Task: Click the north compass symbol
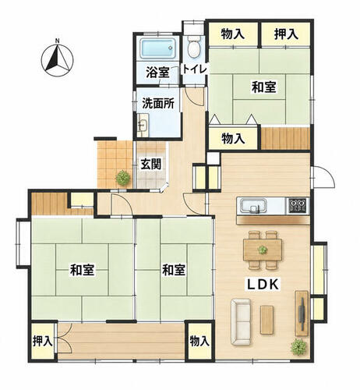click(57, 60)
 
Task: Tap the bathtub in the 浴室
click(158, 48)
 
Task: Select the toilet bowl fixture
click(194, 48)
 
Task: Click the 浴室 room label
click(157, 73)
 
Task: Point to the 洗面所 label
click(158, 104)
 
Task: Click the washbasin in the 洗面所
click(143, 126)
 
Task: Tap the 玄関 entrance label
click(151, 164)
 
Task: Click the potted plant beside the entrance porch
click(122, 178)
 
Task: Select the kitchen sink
click(252, 207)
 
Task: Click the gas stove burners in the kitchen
click(298, 206)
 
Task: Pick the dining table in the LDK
click(263, 250)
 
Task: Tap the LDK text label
click(263, 285)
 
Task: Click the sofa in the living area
click(242, 322)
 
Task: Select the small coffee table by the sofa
click(266, 320)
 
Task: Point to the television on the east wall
click(302, 313)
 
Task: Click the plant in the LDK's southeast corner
click(298, 346)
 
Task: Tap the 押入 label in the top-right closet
click(286, 34)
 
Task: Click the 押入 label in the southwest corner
click(43, 341)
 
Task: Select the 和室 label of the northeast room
click(263, 87)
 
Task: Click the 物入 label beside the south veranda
click(199, 341)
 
